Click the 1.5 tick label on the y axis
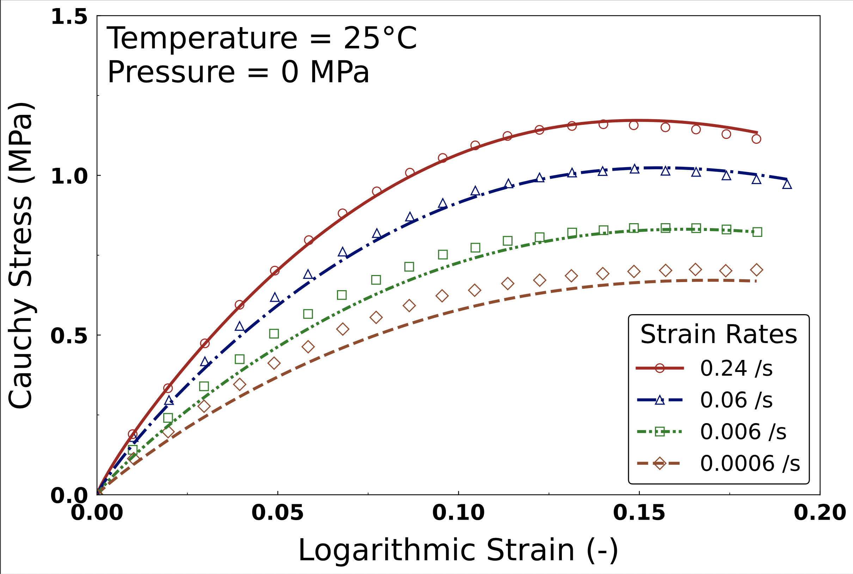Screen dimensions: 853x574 69,17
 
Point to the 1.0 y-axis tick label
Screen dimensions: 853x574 69,176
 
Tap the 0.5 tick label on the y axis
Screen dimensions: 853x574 69,336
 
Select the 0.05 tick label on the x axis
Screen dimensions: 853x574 278,513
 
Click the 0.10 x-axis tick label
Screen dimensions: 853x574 459,513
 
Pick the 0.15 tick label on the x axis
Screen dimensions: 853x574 639,513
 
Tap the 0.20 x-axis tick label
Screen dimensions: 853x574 820,513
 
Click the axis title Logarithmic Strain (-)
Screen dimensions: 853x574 458,551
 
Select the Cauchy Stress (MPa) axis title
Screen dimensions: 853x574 22,255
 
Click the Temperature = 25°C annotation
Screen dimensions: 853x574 262,38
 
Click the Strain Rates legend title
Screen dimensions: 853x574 719,334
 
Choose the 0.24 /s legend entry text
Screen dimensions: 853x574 736,368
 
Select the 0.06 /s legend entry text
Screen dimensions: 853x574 736,400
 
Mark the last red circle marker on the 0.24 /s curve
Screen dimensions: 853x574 756,139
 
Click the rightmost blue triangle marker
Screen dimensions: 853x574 787,184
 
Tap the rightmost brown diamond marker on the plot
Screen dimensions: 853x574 756,270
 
